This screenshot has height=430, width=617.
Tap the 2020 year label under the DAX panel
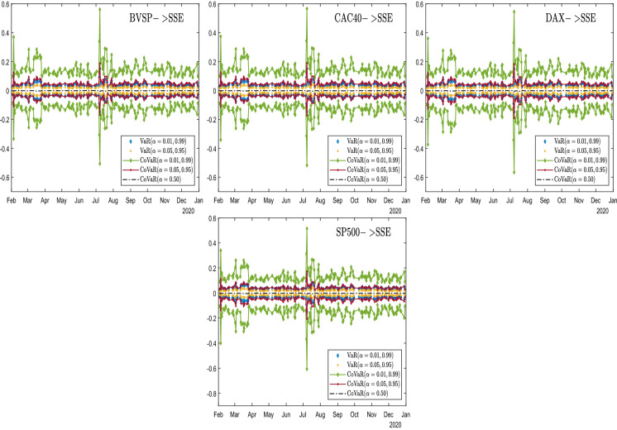pos(604,211)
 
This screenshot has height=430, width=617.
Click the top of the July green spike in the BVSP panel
pos(99,8)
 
